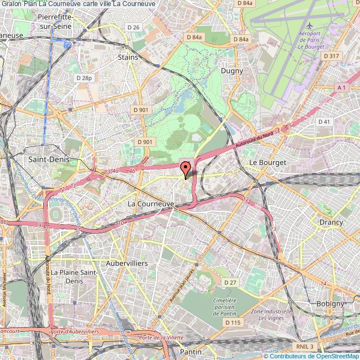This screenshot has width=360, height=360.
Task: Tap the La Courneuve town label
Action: (x=151, y=204)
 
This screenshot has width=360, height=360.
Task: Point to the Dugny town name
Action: (x=232, y=71)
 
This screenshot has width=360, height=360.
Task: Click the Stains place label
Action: (x=128, y=56)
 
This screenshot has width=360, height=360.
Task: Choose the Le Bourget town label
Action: (x=268, y=162)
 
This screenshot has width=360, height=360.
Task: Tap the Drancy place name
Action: (x=331, y=222)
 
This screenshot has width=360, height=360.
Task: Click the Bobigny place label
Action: (x=330, y=304)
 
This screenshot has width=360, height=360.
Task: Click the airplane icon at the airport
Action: (x=309, y=25)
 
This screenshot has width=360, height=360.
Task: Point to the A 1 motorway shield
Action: (x=341, y=88)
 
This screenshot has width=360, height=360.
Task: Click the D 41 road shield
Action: (x=324, y=121)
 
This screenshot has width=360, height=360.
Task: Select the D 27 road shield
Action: (x=230, y=282)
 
